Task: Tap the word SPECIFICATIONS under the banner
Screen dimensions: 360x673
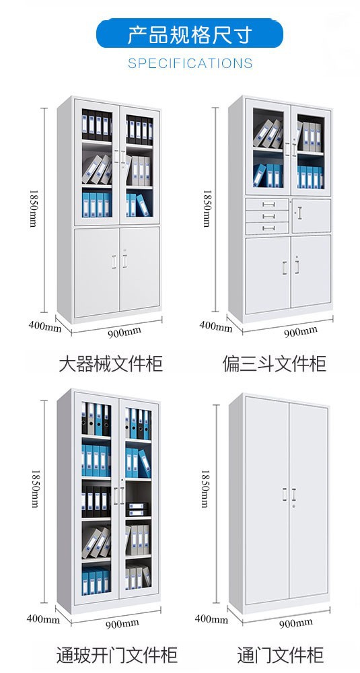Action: click(x=190, y=63)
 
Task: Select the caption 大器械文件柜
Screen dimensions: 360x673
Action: click(x=111, y=363)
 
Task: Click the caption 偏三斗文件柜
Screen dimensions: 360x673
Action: click(x=274, y=363)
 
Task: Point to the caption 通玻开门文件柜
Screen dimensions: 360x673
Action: click(x=116, y=656)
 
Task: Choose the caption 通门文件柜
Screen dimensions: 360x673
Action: click(x=281, y=656)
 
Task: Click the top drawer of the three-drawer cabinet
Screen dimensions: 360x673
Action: click(x=267, y=205)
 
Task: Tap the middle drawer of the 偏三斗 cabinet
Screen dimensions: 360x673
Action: click(x=267, y=216)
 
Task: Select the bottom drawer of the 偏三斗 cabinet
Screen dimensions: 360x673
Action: click(x=267, y=228)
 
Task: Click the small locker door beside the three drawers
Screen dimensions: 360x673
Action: click(x=312, y=216)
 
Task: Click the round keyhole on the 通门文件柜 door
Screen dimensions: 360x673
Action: click(x=294, y=507)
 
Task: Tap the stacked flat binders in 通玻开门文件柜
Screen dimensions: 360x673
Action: click(x=137, y=509)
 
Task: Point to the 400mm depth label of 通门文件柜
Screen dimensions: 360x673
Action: click(x=211, y=619)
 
